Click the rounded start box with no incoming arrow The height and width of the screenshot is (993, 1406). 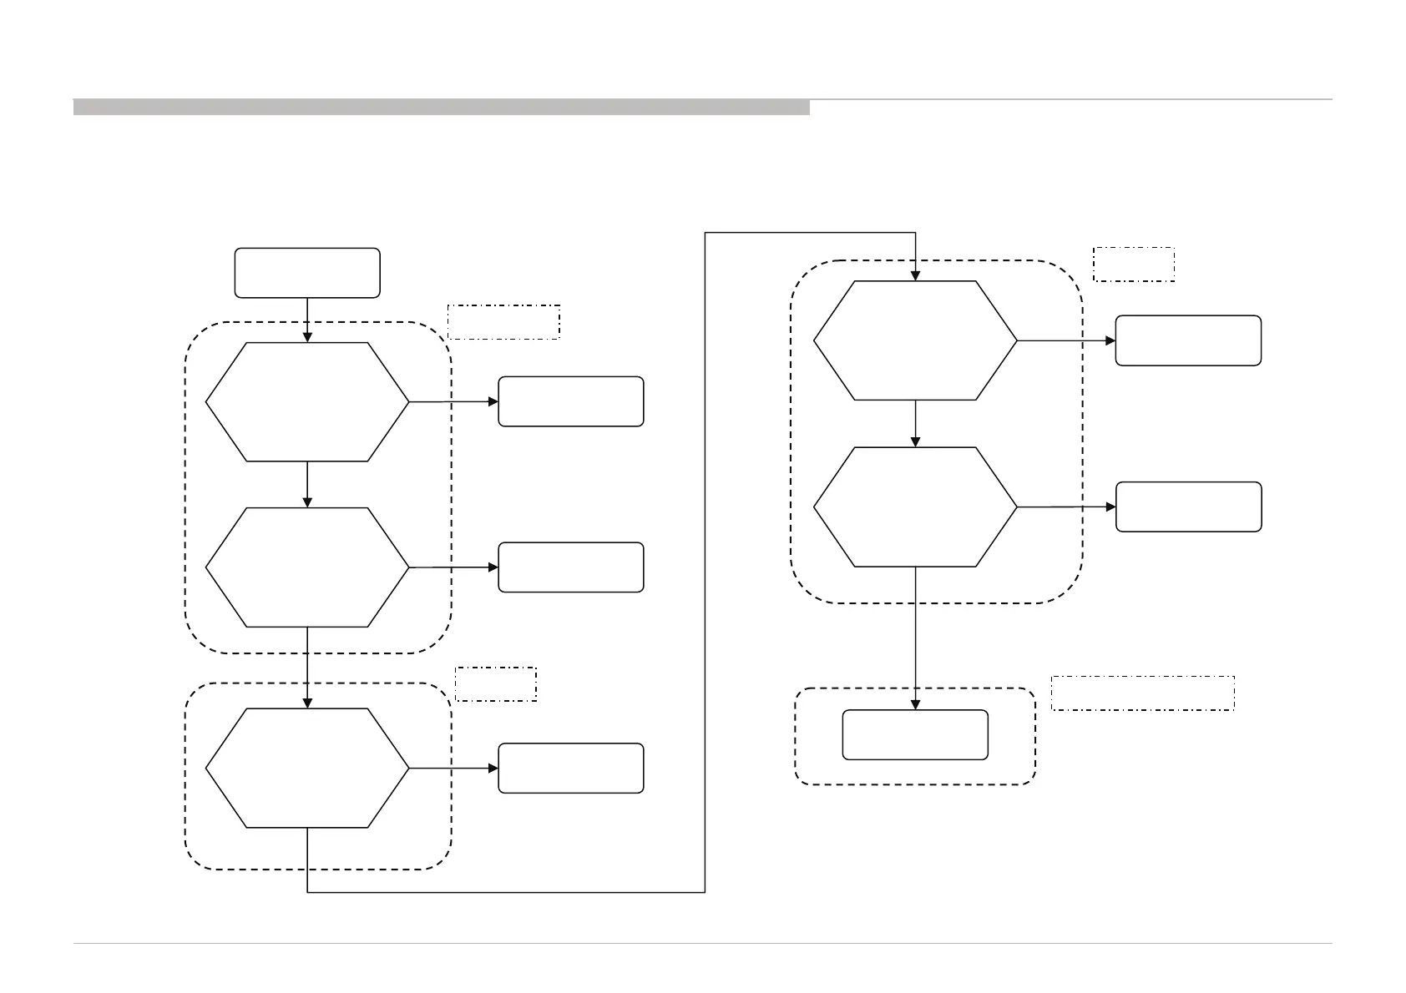tap(307, 273)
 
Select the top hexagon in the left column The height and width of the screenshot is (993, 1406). tap(307, 401)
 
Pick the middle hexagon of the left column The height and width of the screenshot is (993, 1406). tap(307, 567)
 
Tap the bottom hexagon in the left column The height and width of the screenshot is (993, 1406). tap(307, 768)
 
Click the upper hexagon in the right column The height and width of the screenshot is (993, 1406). tap(915, 340)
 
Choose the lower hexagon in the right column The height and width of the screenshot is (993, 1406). tap(915, 507)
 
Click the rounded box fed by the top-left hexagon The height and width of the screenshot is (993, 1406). tap(571, 401)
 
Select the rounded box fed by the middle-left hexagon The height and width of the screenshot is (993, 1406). tap(571, 567)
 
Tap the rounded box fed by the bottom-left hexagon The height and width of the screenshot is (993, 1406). tap(571, 768)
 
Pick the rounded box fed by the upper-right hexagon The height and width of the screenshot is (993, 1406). tap(1188, 340)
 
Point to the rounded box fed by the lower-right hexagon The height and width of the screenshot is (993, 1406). tap(1188, 507)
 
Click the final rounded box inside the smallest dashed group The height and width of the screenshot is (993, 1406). tap(915, 735)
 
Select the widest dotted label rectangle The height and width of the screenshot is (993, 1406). tap(1142, 693)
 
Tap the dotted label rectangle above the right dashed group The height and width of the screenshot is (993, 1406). tap(1134, 264)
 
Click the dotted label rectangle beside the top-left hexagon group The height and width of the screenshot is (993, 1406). tap(503, 322)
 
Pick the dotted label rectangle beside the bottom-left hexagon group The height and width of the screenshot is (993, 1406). tap(496, 683)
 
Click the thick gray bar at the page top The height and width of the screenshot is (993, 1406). tap(441, 107)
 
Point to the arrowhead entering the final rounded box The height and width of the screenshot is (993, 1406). tap(915, 705)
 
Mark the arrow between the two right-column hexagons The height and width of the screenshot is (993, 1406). tap(915, 424)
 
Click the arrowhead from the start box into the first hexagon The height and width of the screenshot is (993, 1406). tap(307, 337)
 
